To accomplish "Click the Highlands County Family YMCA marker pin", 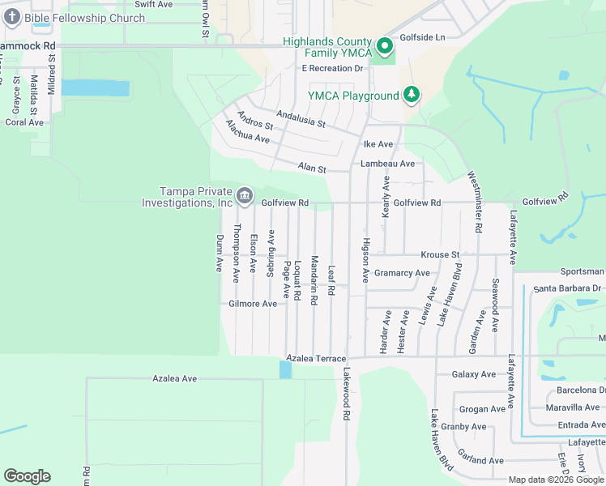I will click(x=385, y=46).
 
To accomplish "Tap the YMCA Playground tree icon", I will click(x=412, y=96).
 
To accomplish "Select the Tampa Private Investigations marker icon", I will click(x=243, y=195).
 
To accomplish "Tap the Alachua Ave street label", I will click(x=247, y=132).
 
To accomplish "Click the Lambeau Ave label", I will click(x=387, y=164).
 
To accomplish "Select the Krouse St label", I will click(x=439, y=254).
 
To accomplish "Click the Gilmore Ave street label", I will click(x=253, y=304).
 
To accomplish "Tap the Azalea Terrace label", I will click(x=317, y=358).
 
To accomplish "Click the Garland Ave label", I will click(x=480, y=461).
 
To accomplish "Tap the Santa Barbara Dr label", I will click(x=567, y=288).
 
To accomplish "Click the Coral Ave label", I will click(x=24, y=122).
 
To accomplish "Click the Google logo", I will click(x=27, y=476).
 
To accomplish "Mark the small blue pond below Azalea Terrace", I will click(x=285, y=369).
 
